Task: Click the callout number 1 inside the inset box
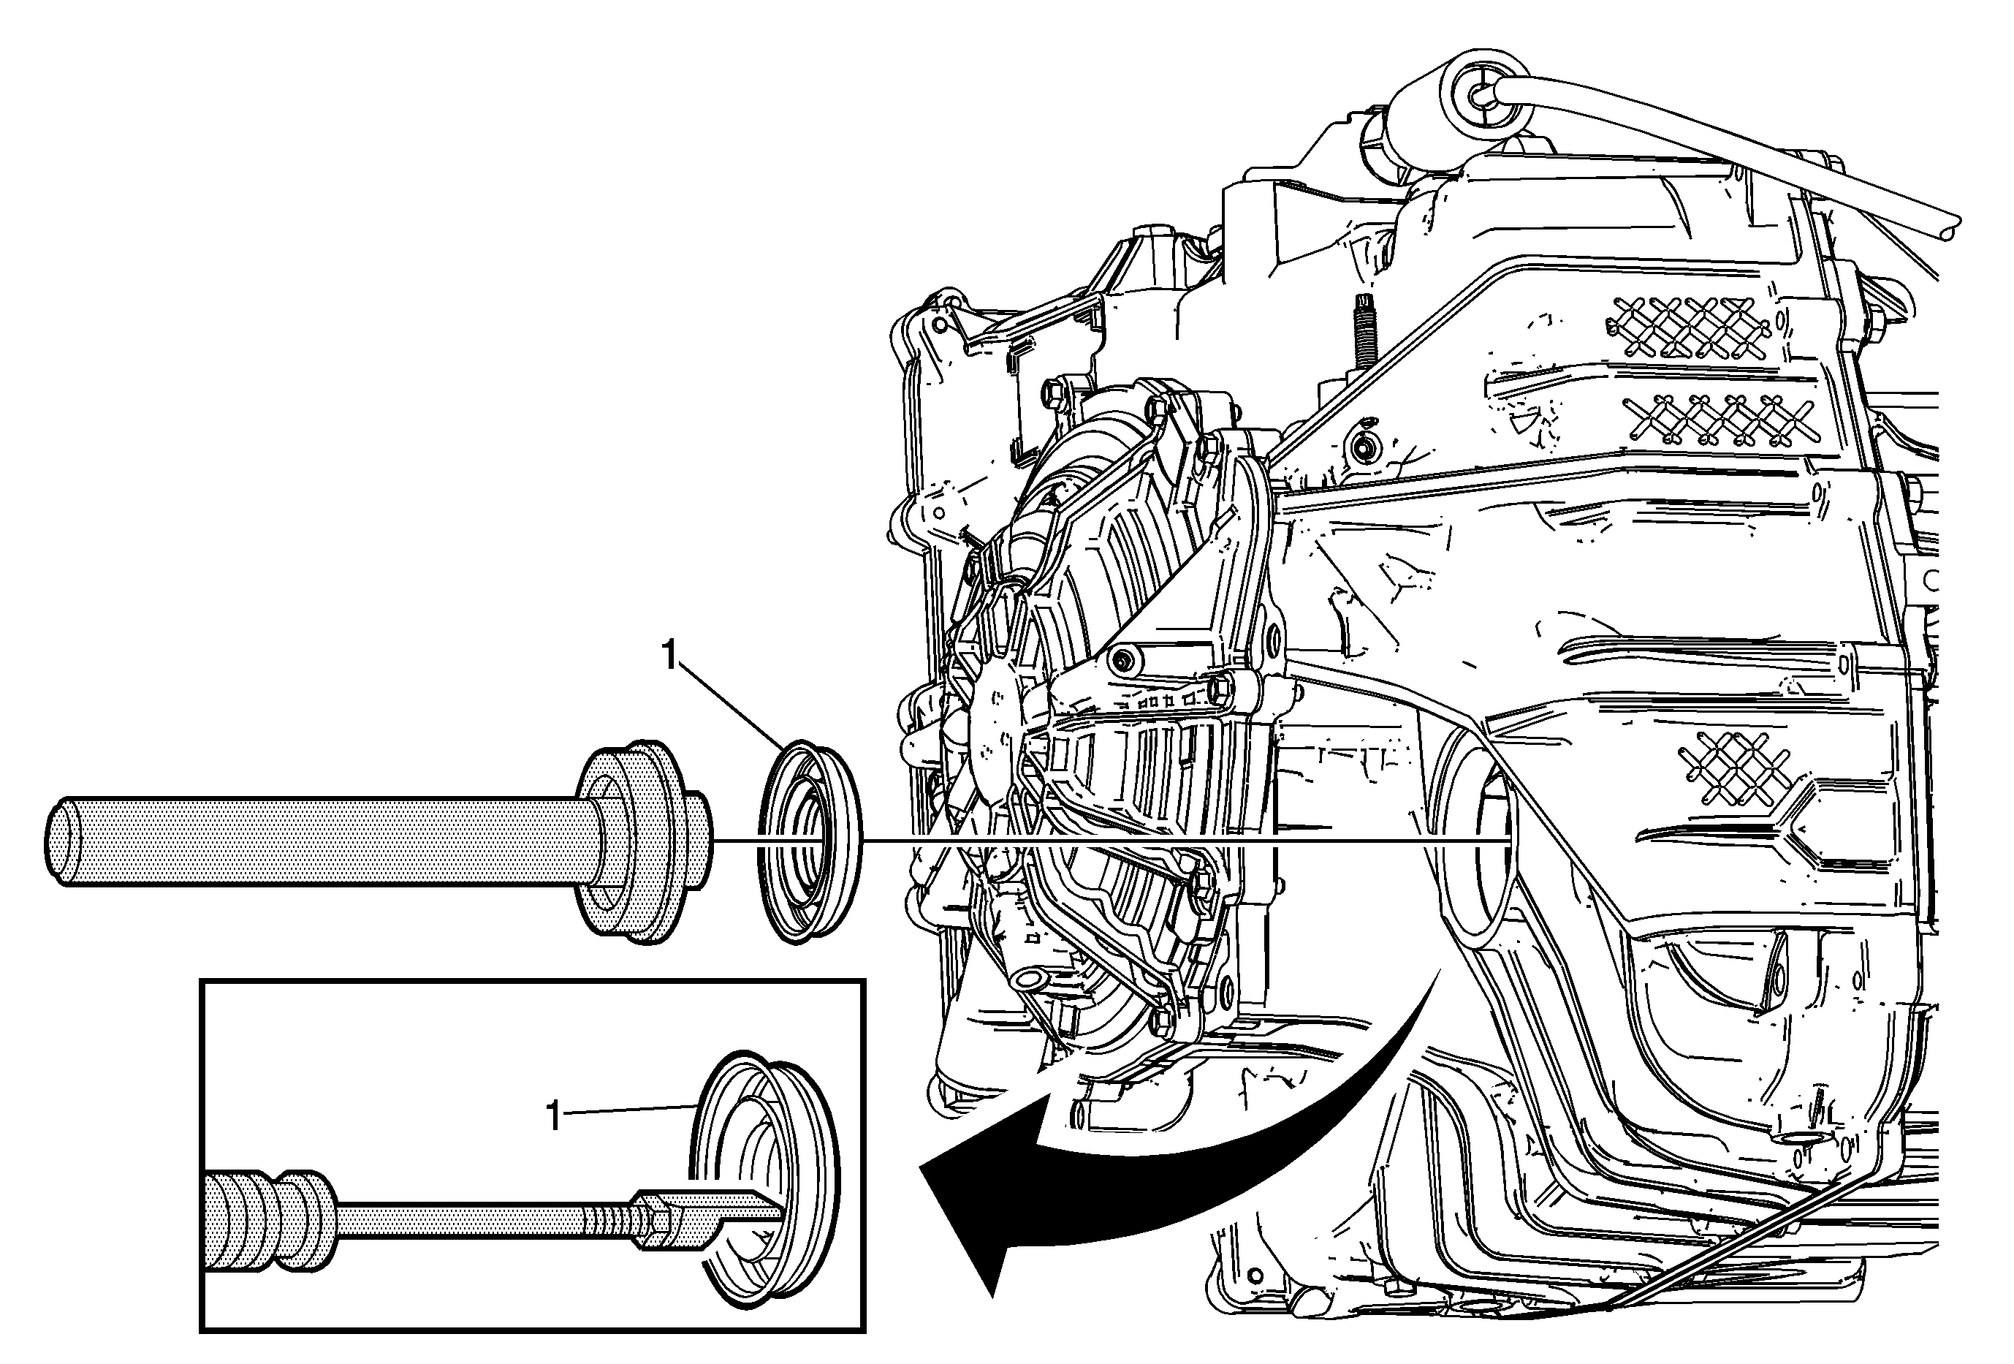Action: click(554, 1116)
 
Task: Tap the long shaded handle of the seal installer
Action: click(321, 841)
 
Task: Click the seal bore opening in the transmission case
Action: click(1473, 841)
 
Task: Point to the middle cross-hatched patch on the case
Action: click(1720, 420)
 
